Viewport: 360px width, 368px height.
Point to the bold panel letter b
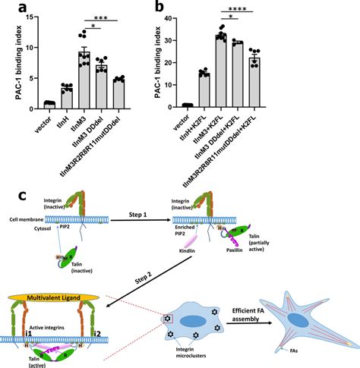[x=201, y=8]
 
